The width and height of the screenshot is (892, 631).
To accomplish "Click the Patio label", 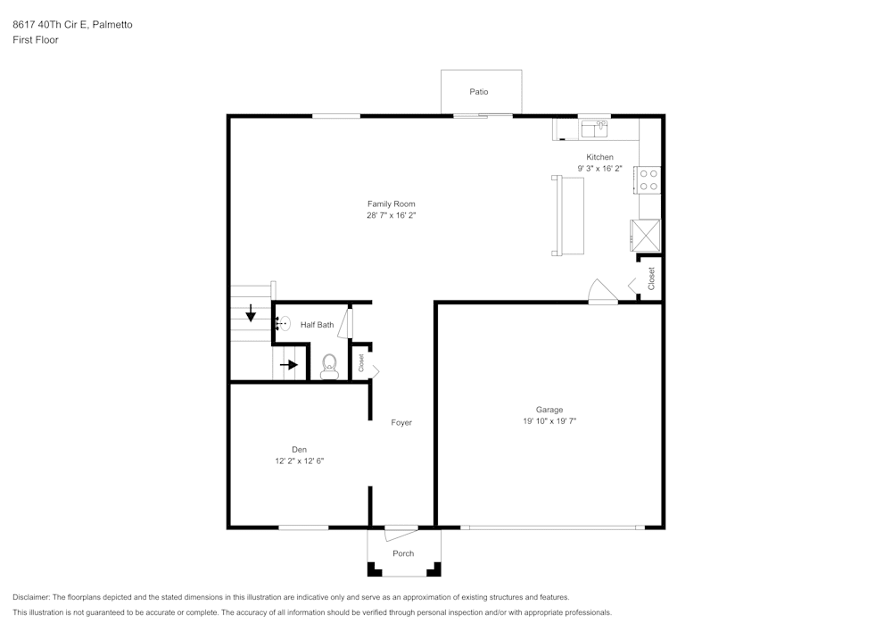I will tap(479, 92).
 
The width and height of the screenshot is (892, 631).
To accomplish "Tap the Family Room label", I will tap(392, 204).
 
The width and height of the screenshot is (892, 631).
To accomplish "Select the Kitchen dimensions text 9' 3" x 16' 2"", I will tap(599, 169).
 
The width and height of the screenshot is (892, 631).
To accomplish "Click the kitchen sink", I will tap(594, 130).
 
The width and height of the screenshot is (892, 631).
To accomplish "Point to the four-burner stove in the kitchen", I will tap(648, 180).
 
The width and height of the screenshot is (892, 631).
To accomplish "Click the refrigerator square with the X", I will tap(646, 235).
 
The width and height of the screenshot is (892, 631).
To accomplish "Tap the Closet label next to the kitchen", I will tap(651, 278).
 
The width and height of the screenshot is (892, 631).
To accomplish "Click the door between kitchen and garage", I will tap(603, 293).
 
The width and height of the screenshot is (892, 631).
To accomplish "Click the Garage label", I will tap(549, 411).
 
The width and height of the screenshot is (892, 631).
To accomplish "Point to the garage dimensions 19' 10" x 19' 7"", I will tap(549, 421).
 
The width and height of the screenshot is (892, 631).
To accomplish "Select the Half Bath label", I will tap(317, 325).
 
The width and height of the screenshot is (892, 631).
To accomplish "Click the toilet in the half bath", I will tap(329, 365).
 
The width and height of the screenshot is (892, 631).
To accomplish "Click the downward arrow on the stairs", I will tap(251, 312).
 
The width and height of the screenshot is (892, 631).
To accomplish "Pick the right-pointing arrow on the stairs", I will tap(288, 364).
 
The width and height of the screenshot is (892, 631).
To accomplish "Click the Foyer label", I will tap(401, 422).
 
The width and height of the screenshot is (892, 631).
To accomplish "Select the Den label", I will tap(299, 450).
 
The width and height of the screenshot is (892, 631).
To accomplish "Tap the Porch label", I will tap(403, 553).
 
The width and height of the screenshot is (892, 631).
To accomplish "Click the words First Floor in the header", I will tap(36, 40).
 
